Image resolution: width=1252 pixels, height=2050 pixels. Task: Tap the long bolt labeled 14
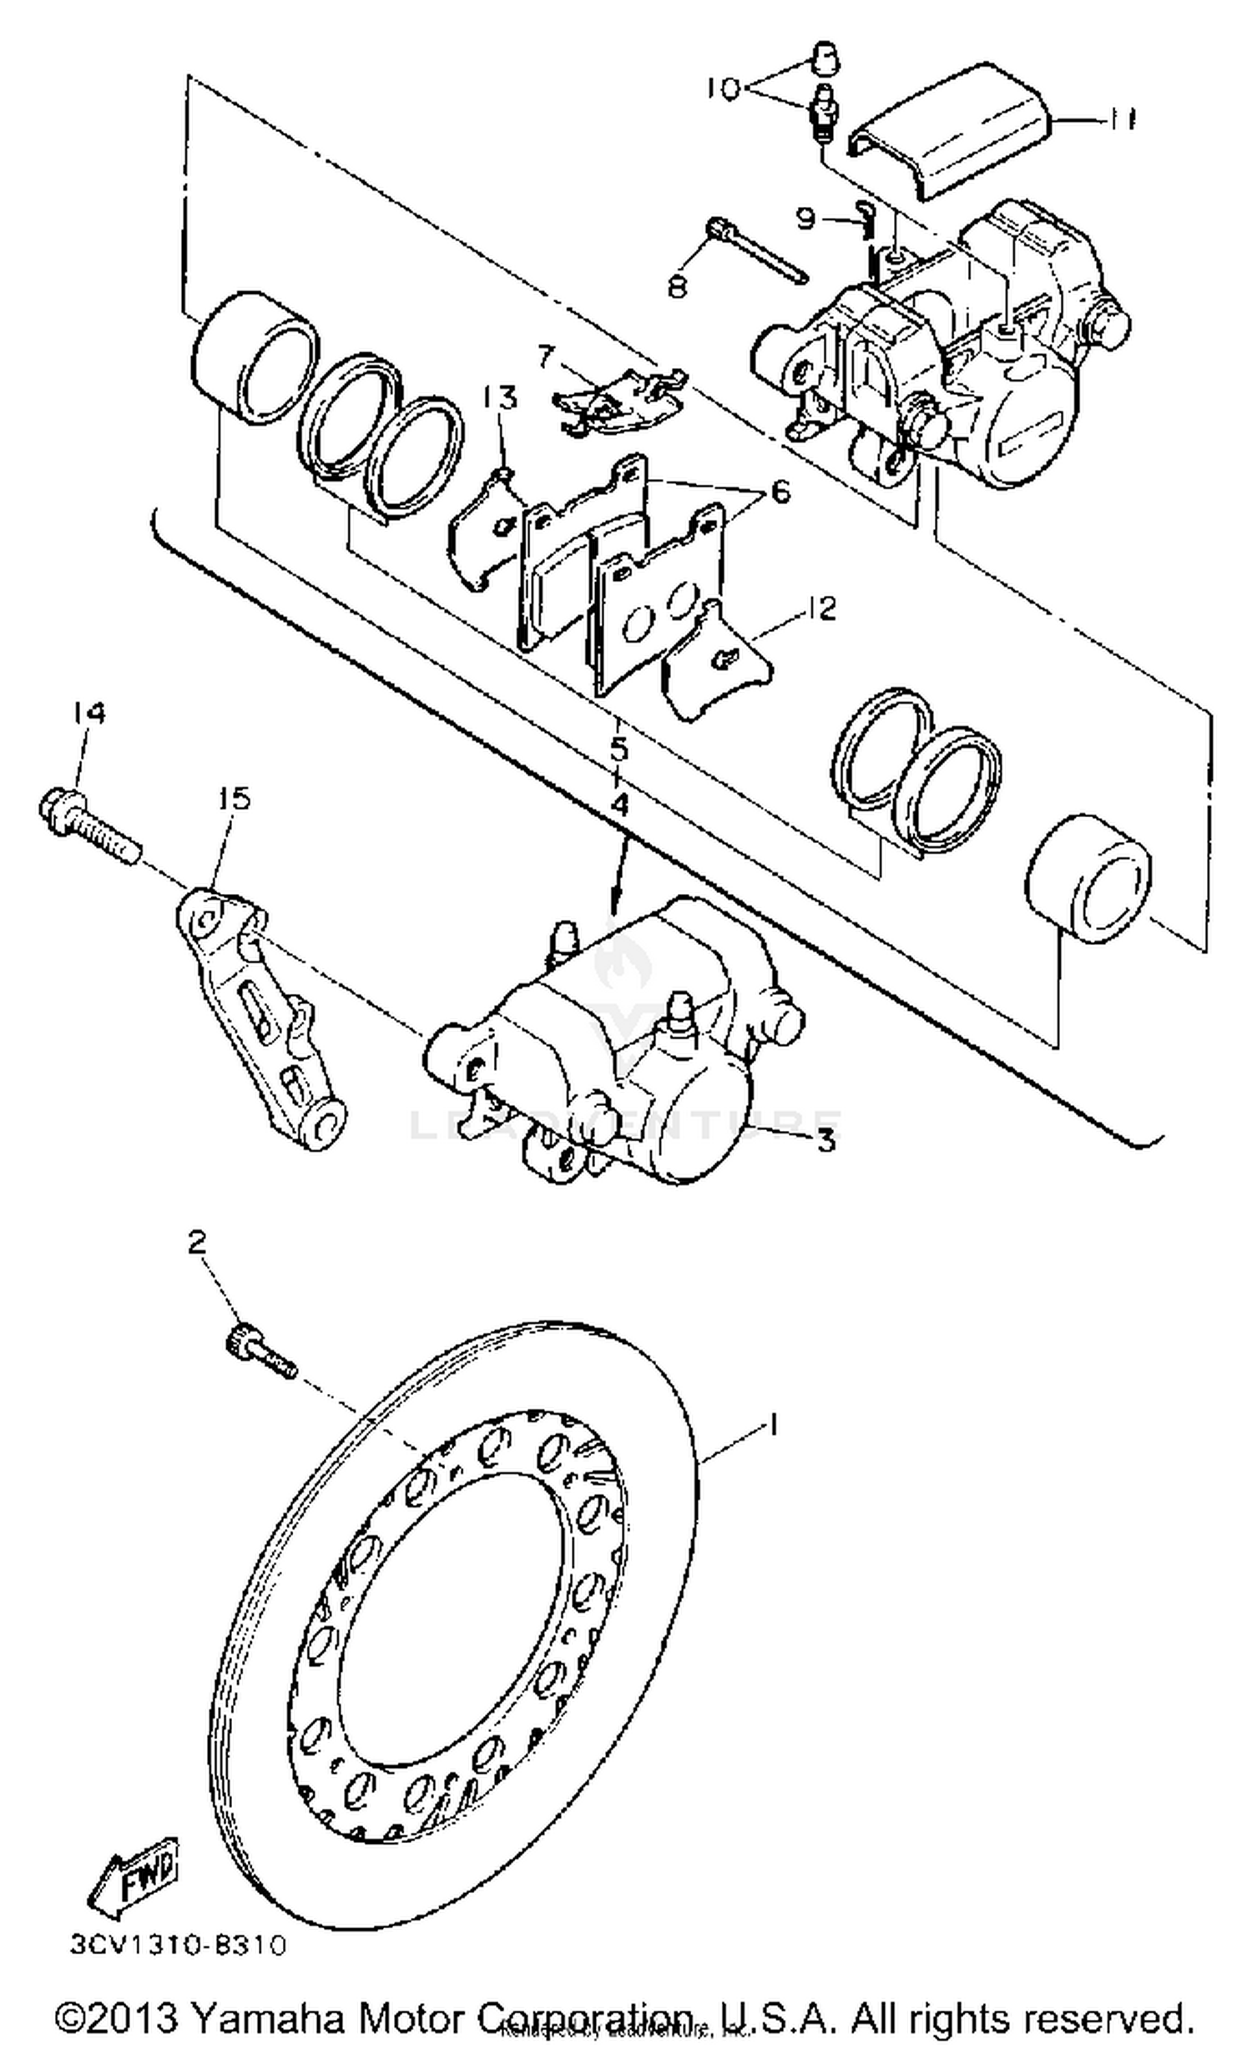pos(88,820)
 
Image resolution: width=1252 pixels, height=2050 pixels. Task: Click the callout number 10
pos(723,88)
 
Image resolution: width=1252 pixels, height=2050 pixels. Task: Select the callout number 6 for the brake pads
pos(779,492)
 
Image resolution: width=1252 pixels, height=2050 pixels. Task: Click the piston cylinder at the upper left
pos(255,355)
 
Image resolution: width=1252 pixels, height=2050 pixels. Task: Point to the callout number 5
pos(618,749)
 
